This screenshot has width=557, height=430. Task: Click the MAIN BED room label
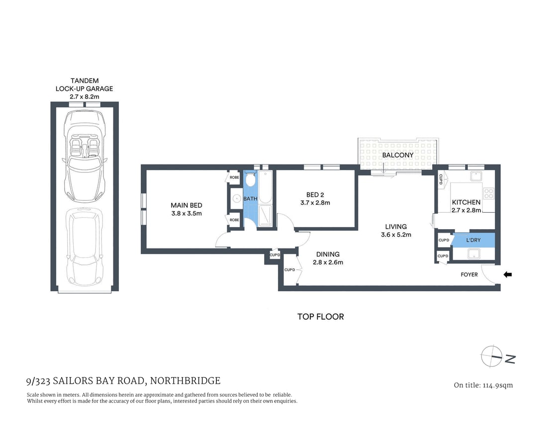pyautogui.click(x=186, y=205)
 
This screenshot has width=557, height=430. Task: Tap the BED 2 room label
pyautogui.click(x=315, y=195)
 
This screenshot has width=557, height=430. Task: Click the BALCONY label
pyautogui.click(x=397, y=155)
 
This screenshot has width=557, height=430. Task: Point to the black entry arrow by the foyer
pyautogui.click(x=508, y=274)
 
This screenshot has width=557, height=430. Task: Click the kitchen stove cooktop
pyautogui.click(x=488, y=193)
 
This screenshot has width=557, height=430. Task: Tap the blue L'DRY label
pyautogui.click(x=473, y=240)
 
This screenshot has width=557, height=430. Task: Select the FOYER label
pyautogui.click(x=469, y=274)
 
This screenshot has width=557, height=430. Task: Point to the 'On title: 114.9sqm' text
pyautogui.click(x=483, y=385)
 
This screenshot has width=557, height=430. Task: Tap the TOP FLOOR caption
pyautogui.click(x=320, y=317)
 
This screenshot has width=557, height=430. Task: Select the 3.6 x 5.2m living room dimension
pyautogui.click(x=396, y=235)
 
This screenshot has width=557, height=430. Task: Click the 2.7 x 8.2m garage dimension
pyautogui.click(x=85, y=96)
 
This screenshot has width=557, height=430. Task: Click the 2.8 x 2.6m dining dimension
pyautogui.click(x=328, y=262)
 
